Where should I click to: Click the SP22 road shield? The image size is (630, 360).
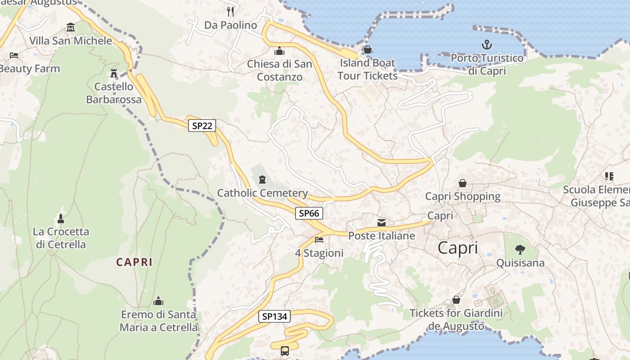(x=202, y=126)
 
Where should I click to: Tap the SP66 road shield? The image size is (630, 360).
(x=309, y=213)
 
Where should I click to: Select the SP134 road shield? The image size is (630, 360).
(x=274, y=316)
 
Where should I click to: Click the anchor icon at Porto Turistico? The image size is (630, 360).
(x=486, y=45)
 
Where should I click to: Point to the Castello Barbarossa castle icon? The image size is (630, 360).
(x=114, y=73)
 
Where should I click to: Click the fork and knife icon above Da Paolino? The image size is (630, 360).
(x=230, y=11)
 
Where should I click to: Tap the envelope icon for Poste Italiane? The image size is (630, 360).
(x=382, y=222)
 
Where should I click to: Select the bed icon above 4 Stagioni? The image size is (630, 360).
(x=319, y=239)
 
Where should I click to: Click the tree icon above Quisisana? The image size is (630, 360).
(x=520, y=249)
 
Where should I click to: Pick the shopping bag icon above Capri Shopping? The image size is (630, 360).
(x=462, y=183)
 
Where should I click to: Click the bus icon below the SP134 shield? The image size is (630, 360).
(x=285, y=351)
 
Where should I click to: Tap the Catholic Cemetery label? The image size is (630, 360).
(x=262, y=193)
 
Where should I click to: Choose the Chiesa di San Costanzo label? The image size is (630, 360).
(x=279, y=70)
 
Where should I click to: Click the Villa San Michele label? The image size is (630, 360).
(x=71, y=40)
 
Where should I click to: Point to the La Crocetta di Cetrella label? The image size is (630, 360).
(x=61, y=238)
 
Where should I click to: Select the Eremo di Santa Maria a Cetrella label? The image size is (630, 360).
(x=158, y=320)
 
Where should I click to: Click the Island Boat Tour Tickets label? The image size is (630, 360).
(x=367, y=69)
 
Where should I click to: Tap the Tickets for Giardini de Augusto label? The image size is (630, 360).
(x=456, y=319)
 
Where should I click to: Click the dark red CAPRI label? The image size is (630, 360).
(x=135, y=262)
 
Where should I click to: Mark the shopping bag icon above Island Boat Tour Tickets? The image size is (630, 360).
(x=367, y=49)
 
